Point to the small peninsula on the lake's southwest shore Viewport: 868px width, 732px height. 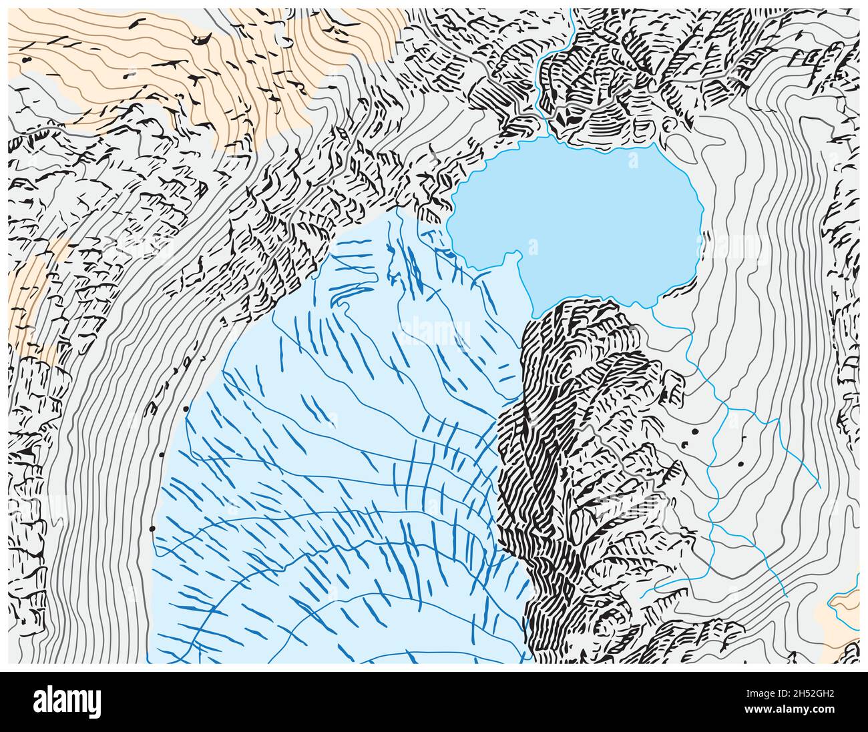click(x=514, y=257)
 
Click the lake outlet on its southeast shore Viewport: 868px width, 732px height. click(x=651, y=305)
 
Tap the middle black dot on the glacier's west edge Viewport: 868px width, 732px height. click(x=162, y=455)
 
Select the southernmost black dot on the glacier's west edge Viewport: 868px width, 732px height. click(x=152, y=528)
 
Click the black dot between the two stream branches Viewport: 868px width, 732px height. click(x=740, y=463)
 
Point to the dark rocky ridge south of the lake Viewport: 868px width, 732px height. click(x=574, y=434)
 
